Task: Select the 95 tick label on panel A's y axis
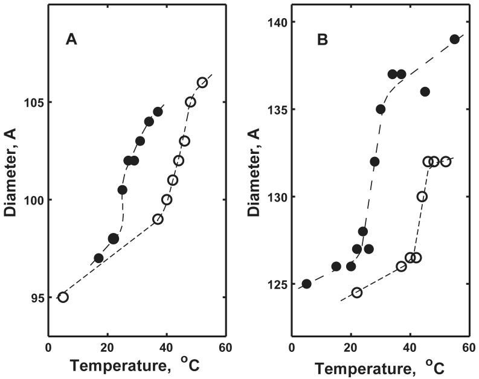[34, 298]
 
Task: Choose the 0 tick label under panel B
[292, 348]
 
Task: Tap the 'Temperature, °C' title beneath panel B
[379, 366]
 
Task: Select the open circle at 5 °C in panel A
[63, 297]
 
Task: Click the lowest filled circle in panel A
[98, 258]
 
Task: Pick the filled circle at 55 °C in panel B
[455, 39]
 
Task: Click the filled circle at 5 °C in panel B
[306, 284]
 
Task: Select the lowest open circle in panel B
[357, 293]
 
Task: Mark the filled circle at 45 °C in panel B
[425, 92]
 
